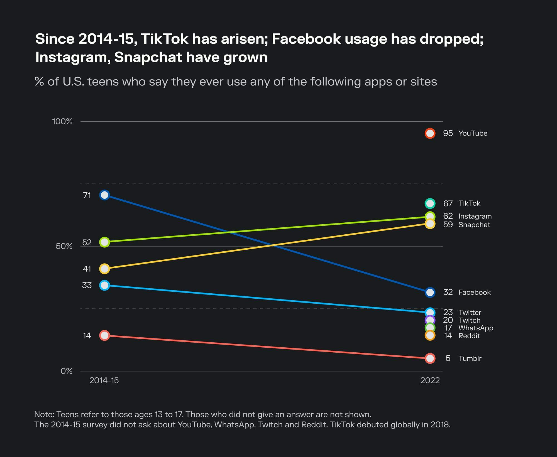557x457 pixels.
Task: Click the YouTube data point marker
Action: (430, 133)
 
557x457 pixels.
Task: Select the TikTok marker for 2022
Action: (430, 203)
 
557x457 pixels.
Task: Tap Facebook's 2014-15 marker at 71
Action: (104, 195)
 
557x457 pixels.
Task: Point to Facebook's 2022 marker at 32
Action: (430, 292)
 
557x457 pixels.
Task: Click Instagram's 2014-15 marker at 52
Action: (104, 242)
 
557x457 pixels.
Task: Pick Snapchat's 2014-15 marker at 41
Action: (104, 269)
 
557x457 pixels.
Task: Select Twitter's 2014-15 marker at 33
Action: (104, 285)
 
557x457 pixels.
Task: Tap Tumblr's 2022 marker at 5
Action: (430, 358)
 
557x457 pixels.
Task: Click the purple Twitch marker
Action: (430, 320)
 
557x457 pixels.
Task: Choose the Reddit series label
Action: (469, 336)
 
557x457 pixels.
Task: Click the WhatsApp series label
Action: (476, 328)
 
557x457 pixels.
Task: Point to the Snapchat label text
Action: (474, 225)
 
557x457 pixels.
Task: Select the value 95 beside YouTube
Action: (448, 133)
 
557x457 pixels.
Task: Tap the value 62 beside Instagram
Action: (448, 216)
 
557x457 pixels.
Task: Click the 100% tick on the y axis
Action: (62, 121)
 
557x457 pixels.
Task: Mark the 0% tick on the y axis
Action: (66, 371)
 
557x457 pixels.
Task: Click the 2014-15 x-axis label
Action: (104, 380)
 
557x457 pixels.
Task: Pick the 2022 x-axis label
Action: (430, 380)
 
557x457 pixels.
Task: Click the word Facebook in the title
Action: (306, 39)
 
